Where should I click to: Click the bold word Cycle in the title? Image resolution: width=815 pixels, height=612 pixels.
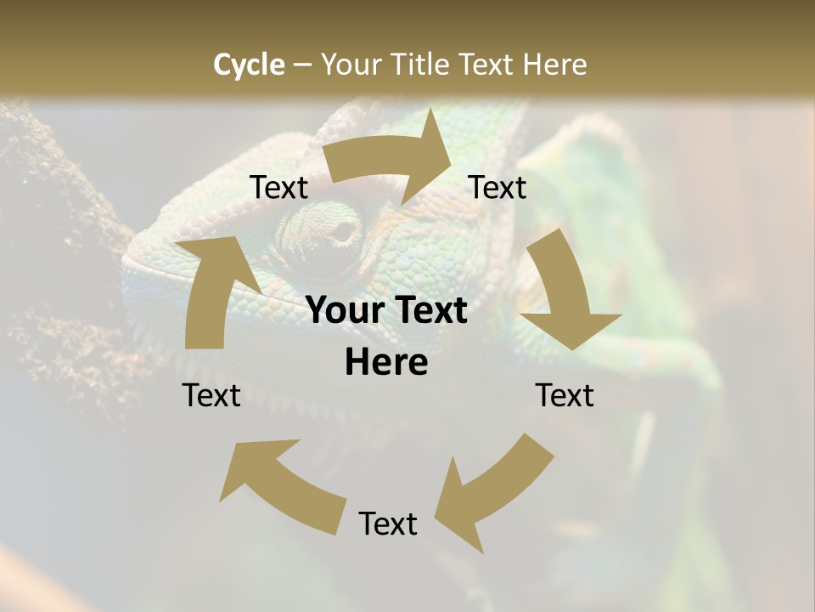click(x=249, y=65)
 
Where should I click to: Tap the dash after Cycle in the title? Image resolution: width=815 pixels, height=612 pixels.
click(x=303, y=65)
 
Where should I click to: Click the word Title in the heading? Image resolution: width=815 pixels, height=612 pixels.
click(x=422, y=65)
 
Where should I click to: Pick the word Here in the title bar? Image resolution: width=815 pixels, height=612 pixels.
click(x=556, y=65)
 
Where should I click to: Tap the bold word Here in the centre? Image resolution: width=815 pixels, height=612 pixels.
click(x=386, y=363)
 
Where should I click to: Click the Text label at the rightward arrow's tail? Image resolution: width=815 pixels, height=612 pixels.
click(x=278, y=188)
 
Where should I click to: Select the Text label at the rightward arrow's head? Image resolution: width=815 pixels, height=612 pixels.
click(x=497, y=188)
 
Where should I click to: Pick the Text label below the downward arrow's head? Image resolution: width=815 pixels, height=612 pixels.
click(x=565, y=395)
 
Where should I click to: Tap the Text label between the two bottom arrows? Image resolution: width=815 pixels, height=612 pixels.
click(x=388, y=524)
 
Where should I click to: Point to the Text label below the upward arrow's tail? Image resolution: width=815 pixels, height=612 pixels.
click(x=211, y=395)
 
